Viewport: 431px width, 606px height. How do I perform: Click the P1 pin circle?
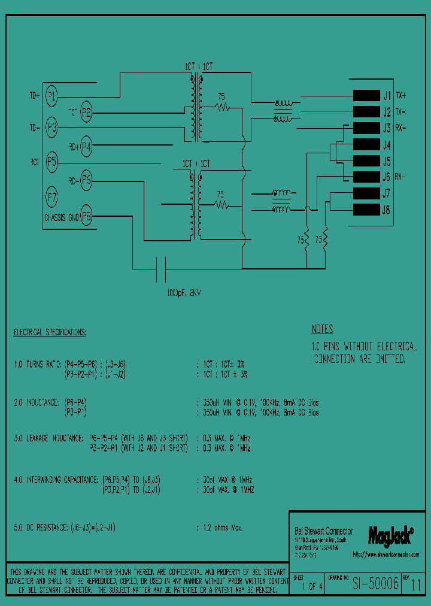pyautogui.click(x=52, y=95)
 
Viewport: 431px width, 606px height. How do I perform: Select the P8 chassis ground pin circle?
pyautogui.click(x=87, y=217)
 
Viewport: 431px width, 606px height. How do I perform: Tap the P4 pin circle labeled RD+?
pyautogui.click(x=87, y=146)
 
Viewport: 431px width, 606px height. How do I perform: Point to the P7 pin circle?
pyautogui.click(x=52, y=196)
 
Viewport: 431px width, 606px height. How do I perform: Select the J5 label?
pyautogui.click(x=387, y=161)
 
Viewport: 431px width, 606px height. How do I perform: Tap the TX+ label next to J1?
pyautogui.click(x=401, y=95)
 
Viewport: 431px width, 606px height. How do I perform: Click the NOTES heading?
pyautogui.click(x=322, y=329)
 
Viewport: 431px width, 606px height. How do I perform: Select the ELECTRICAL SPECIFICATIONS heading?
pyautogui.click(x=50, y=332)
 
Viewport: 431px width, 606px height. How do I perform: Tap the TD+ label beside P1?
pyautogui.click(x=35, y=95)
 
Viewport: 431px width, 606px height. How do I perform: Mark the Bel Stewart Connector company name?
pyautogui.click(x=324, y=531)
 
